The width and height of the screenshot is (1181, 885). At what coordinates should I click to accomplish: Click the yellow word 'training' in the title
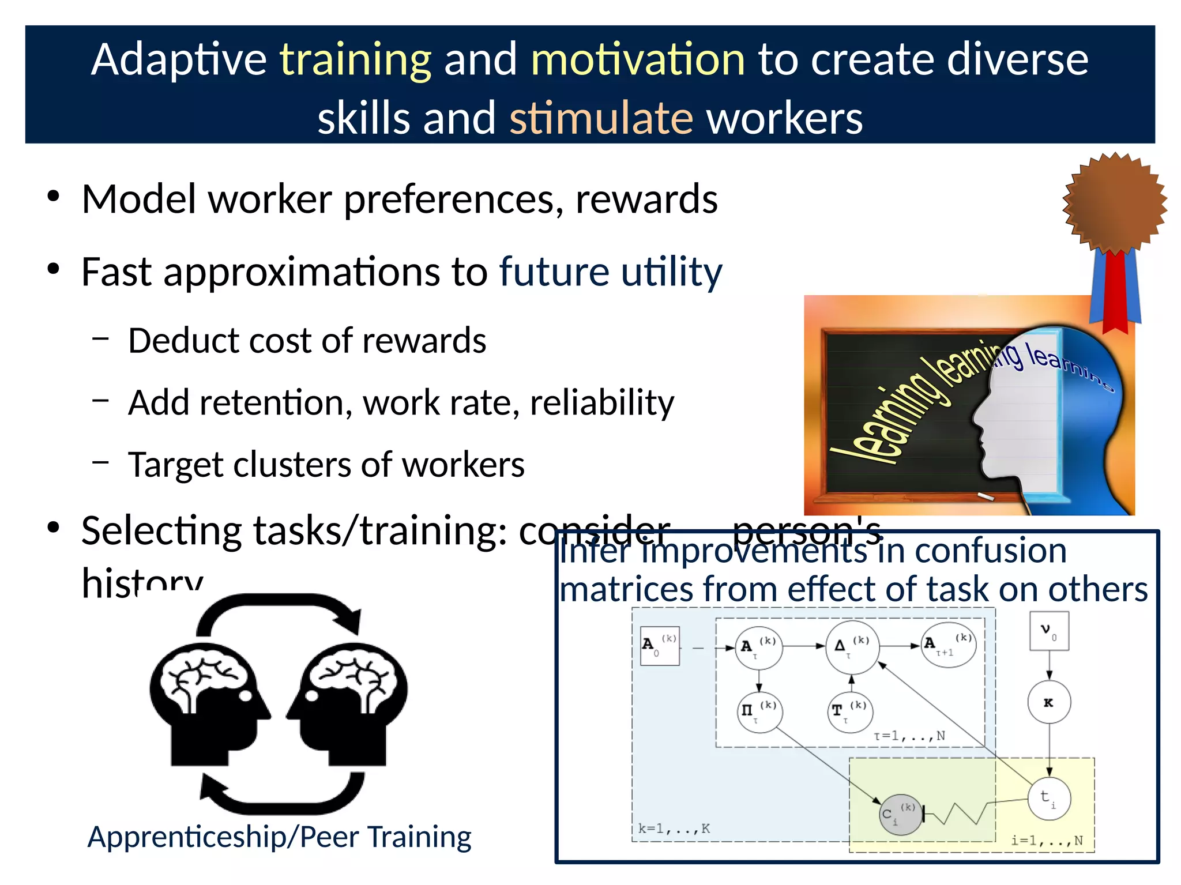(x=355, y=60)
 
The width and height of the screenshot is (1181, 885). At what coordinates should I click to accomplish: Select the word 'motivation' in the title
(x=638, y=60)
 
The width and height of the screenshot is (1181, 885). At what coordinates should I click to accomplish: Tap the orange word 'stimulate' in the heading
(x=601, y=118)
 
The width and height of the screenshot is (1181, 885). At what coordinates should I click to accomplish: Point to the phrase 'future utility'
(x=610, y=272)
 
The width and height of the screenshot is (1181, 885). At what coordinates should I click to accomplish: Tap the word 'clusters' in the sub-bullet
(x=291, y=465)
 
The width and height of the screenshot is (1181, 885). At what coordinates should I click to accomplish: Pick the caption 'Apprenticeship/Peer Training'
(x=279, y=837)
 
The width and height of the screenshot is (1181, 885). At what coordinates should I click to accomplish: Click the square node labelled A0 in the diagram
(x=660, y=646)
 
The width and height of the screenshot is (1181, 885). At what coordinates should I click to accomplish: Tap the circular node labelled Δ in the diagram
(x=852, y=647)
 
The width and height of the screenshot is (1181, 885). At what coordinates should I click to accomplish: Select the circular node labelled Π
(x=760, y=711)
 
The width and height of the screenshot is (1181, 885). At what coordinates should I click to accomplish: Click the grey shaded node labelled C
(x=900, y=814)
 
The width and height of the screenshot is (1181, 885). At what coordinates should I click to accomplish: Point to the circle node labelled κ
(x=1049, y=702)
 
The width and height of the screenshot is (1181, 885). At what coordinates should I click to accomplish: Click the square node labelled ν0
(x=1049, y=631)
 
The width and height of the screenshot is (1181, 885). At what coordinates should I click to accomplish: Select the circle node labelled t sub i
(x=1049, y=799)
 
